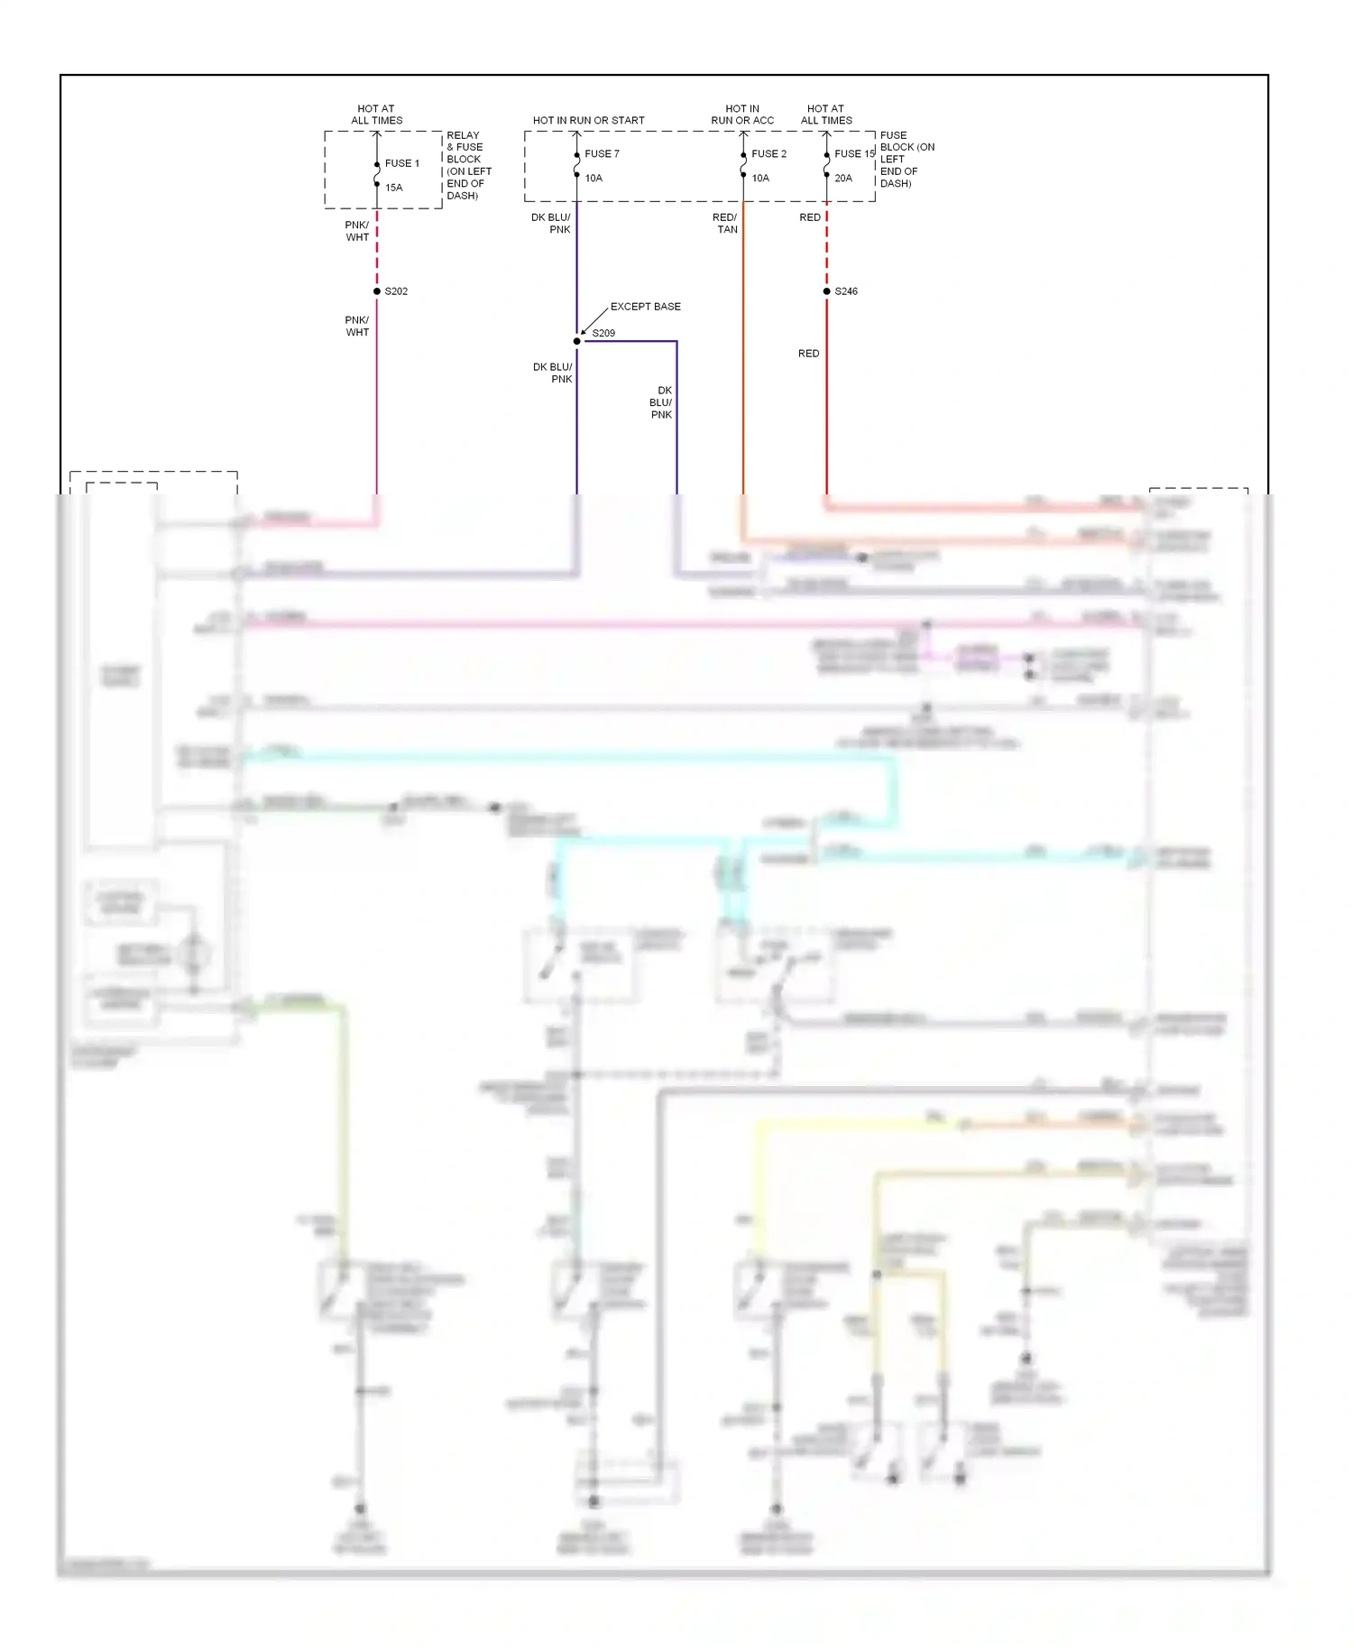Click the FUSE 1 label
pos(401,163)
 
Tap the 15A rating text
pos(394,188)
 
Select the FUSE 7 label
pos(602,153)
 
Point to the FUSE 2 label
pos(769,153)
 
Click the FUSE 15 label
pos(853,153)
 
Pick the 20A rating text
pos(843,178)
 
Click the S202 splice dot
pos(377,291)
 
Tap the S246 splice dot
pos(826,291)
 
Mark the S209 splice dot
pos(577,341)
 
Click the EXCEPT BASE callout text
pos(645,307)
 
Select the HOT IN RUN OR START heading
pos(588,120)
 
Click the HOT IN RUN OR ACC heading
pos(742,115)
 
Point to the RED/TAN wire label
pos(725,224)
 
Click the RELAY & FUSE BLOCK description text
pos(469,165)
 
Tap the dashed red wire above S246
pos(826,248)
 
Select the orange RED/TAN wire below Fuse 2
pos(743,361)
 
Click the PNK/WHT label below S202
pos(357,327)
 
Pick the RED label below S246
pos(808,354)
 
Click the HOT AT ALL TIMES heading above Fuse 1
pos(376,115)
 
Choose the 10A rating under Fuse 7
pos(594,178)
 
